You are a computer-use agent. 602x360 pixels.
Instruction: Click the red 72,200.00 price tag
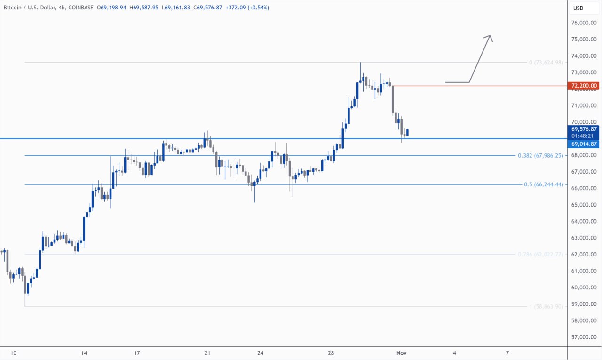584,86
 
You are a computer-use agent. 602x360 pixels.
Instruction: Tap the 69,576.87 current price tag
584,129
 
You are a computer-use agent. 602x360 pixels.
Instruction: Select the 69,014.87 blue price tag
584,144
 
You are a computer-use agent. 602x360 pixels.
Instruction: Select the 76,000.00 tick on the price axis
584,23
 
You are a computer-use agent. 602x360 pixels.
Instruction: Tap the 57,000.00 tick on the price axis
584,337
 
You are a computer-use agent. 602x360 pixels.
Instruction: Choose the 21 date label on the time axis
207,352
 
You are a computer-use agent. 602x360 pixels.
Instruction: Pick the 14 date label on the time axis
84,352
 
